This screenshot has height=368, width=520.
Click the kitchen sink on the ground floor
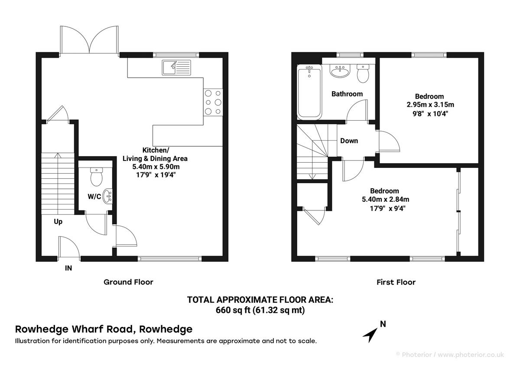pos(176,67)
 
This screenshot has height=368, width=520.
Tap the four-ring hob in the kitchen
pos(213,102)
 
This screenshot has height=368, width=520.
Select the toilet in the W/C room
pos(96,177)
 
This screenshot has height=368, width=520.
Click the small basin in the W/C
pos(108,197)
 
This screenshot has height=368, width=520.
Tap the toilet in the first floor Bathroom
pos(363,73)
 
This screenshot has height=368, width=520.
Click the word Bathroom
pos(347,94)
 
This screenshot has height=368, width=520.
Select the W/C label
pos(94,197)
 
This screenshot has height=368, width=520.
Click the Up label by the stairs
pos(58,222)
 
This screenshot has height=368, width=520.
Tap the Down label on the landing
pos(349,141)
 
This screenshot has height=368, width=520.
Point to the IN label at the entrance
pos(68,268)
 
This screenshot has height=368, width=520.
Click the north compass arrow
pos(370,334)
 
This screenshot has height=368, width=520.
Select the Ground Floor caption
pos(128,282)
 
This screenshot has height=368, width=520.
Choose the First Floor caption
pos(396,282)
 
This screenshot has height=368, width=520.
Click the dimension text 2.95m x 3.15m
pos(429,105)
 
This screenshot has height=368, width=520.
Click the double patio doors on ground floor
pos(90,40)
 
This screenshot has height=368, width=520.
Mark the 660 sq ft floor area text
pos(260,310)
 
